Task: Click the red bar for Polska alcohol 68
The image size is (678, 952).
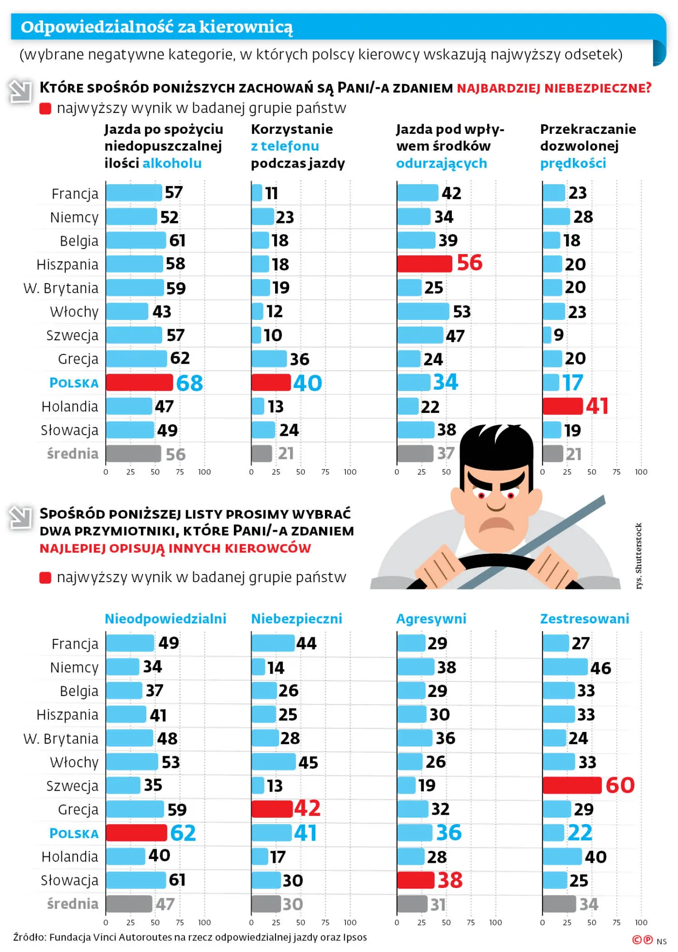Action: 139,382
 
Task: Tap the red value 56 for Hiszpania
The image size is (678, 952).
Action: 469,263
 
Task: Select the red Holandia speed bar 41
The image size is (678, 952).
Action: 562,406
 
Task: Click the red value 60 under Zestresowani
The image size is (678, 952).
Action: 619,785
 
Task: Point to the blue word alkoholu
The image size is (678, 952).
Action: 172,163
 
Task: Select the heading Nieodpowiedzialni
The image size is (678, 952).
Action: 165,619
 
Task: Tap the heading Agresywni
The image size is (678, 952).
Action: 431,619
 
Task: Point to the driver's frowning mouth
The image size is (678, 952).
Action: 496,524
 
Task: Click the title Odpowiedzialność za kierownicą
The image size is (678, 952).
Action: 156,27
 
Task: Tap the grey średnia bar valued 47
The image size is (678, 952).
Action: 129,904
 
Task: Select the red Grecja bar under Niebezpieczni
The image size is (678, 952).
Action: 272,809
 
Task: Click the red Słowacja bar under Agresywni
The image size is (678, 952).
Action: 416,880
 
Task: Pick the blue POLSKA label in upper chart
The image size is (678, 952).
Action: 74,383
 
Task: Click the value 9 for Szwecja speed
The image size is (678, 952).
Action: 558,335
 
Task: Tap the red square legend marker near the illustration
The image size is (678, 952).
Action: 45,578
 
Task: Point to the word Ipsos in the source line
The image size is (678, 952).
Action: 354,937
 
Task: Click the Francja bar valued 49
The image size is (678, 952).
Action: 130,643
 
